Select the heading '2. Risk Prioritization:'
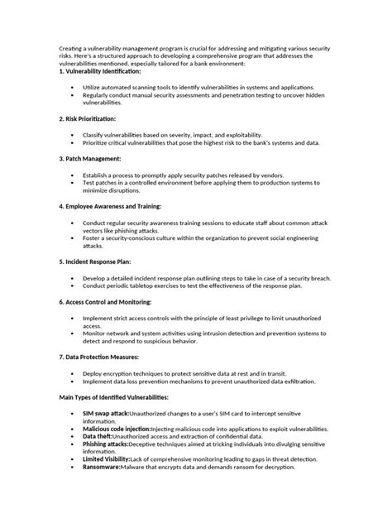(87, 120)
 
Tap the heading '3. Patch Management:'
(90, 158)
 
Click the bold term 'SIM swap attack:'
(106, 412)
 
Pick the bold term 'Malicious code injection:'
(117, 429)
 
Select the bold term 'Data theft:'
(97, 436)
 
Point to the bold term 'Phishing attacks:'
(104, 444)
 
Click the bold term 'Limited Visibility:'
(107, 460)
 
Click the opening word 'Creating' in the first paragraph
(72, 48)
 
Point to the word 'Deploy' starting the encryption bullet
(93, 372)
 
